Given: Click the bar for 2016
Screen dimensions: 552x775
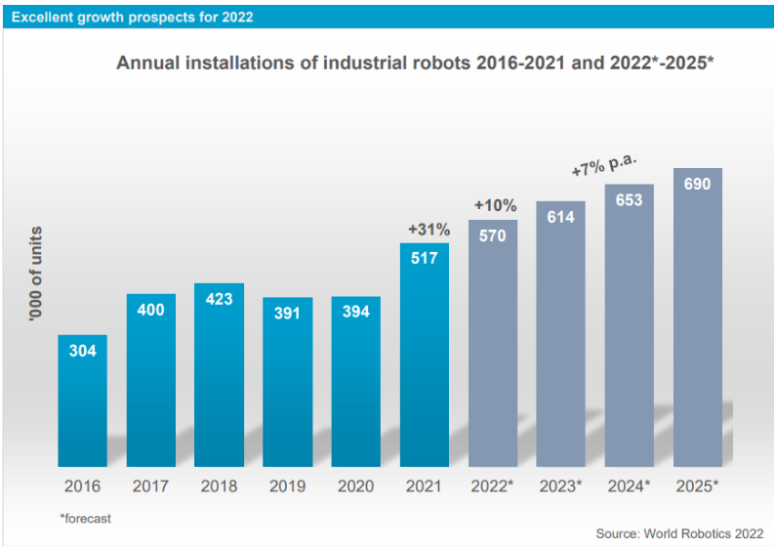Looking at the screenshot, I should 82,401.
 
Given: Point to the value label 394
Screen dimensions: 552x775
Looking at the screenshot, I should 355,313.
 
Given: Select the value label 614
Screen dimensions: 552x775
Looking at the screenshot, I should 560,217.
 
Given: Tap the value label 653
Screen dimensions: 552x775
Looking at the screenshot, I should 629,200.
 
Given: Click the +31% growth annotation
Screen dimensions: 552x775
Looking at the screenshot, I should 428,230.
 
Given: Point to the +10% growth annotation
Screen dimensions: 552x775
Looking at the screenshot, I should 495,205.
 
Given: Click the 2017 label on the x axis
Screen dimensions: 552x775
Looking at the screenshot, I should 150,486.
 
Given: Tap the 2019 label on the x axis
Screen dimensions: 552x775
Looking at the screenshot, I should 287,486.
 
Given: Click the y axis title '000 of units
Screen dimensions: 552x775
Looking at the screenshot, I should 36,275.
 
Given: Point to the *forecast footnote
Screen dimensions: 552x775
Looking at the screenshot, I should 85,518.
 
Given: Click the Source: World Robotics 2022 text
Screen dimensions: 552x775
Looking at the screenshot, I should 679,534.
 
